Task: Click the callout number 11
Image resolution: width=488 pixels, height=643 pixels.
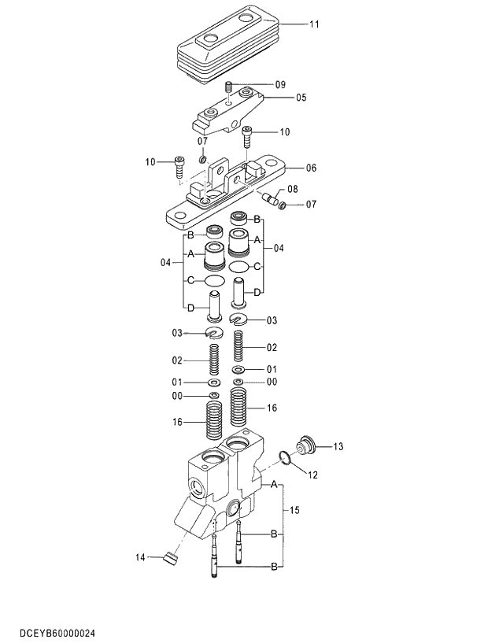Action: tap(313, 25)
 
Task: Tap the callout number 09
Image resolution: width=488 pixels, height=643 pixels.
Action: tap(279, 84)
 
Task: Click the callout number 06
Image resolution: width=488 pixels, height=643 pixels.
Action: tap(311, 168)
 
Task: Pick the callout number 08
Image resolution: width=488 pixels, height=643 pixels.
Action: tap(292, 190)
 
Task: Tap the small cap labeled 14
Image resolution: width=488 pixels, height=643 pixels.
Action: tap(168, 560)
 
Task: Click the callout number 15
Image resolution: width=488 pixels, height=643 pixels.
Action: tap(294, 511)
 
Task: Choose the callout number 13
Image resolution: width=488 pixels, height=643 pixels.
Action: tap(338, 447)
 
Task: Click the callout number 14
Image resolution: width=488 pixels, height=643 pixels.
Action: tap(140, 558)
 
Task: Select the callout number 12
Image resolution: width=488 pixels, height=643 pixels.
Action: tap(312, 475)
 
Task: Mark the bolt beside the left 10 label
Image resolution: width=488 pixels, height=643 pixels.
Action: tap(180, 165)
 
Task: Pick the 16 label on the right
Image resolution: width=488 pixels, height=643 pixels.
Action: tap(272, 408)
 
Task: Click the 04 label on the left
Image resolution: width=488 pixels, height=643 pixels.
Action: tap(165, 262)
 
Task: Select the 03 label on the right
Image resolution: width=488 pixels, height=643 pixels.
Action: tap(272, 320)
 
